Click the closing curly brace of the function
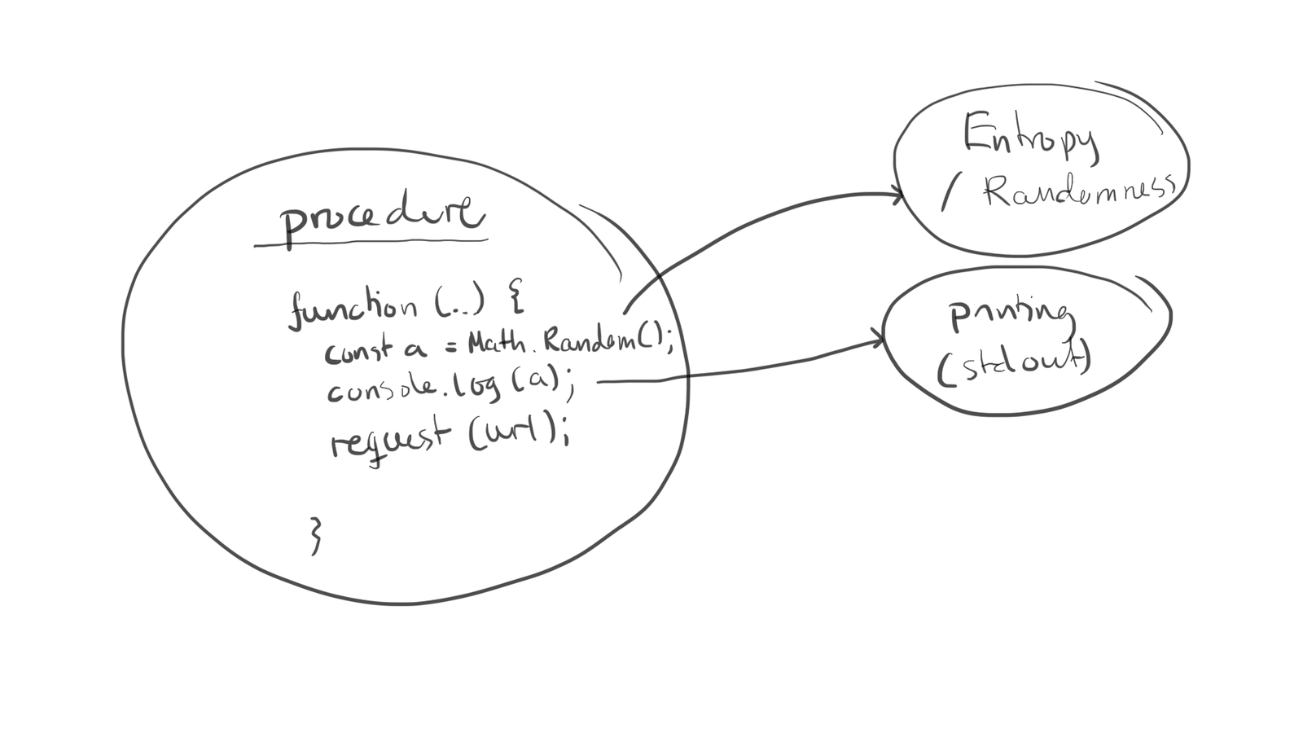tap(316, 536)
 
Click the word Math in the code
tap(497, 343)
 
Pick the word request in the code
tap(389, 439)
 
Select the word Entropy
tap(1030, 136)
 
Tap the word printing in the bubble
tap(1011, 314)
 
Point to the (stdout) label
tap(1014, 364)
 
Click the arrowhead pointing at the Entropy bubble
tap(897, 195)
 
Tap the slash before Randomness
tap(949, 195)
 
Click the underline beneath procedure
tap(371, 242)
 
